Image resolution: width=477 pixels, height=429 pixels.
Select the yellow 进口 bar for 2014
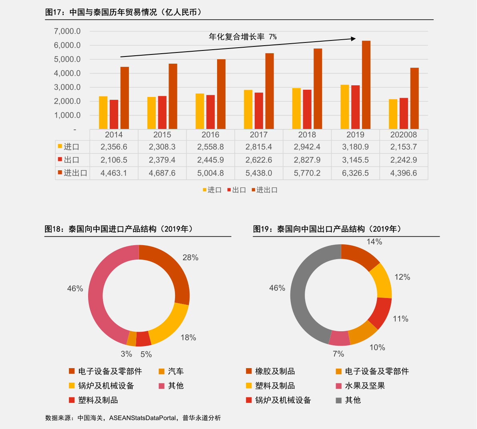click(103, 113)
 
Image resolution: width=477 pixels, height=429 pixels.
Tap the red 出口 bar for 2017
click(259, 111)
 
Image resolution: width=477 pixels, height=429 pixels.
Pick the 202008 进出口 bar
click(414, 98)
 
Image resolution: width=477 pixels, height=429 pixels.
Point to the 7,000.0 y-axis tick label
click(67, 31)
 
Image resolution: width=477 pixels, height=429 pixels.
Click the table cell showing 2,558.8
click(210, 147)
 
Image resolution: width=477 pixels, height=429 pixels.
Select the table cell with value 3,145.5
click(355, 160)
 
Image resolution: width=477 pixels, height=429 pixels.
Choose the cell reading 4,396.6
click(403, 173)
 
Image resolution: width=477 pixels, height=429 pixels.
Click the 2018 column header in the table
click(307, 135)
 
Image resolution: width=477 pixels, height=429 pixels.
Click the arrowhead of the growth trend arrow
click(353, 38)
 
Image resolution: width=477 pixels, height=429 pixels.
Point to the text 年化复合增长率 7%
click(243, 37)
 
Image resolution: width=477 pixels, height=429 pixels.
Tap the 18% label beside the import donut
click(188, 338)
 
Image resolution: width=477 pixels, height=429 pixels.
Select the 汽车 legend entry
click(175, 371)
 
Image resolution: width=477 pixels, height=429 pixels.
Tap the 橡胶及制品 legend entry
click(275, 371)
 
